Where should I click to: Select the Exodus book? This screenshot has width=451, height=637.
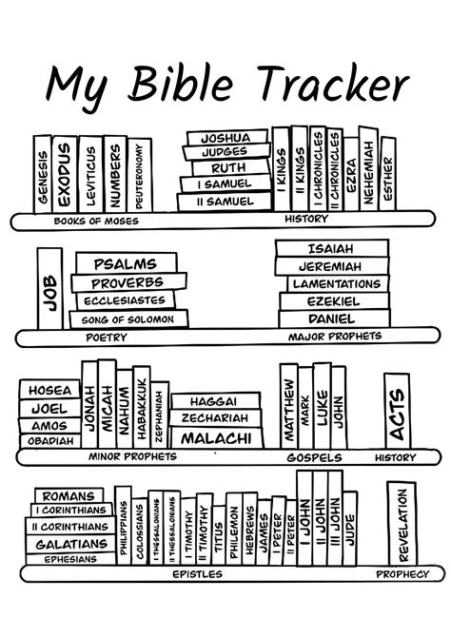click(x=64, y=174)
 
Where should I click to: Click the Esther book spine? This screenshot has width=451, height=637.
click(x=387, y=175)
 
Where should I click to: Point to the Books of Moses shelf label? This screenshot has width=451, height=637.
click(x=96, y=222)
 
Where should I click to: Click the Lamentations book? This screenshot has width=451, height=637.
click(x=336, y=284)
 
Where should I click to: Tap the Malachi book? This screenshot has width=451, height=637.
click(x=216, y=438)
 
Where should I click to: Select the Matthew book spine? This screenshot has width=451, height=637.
click(x=289, y=407)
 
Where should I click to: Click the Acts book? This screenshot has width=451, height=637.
click(x=398, y=410)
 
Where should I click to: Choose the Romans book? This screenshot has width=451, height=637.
click(x=69, y=495)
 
